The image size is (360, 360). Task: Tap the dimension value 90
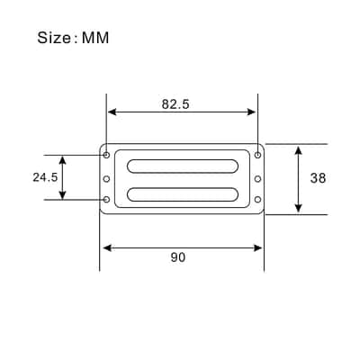(x=178, y=257)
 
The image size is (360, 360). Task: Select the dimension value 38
(x=318, y=178)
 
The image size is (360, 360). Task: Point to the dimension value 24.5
(x=45, y=177)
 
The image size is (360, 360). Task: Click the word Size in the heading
(x=54, y=38)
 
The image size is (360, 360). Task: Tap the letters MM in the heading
(x=95, y=38)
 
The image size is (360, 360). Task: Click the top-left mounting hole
(x=106, y=155)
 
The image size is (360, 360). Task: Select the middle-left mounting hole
(x=106, y=179)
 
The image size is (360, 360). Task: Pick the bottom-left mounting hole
(x=106, y=199)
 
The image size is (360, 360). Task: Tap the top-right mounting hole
(x=257, y=155)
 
